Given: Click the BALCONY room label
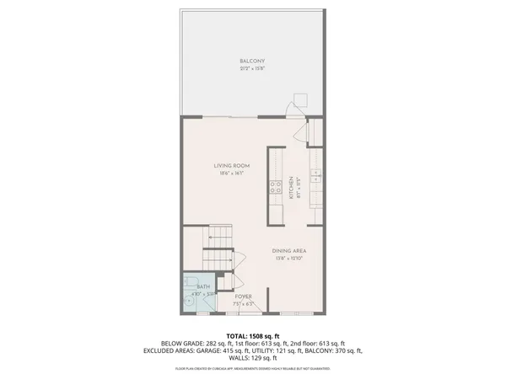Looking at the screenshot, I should [x=253, y=61].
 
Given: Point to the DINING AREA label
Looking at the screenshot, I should [x=288, y=251].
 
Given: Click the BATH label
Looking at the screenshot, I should [x=202, y=287].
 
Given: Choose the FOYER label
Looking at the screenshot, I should [x=243, y=296].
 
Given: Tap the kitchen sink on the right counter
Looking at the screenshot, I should [x=316, y=176].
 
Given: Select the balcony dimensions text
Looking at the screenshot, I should [x=253, y=67].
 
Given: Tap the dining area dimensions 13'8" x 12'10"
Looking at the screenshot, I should [x=288, y=259].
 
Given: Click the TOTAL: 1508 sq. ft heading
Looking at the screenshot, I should [x=253, y=336].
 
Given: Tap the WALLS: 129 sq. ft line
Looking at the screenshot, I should [x=253, y=357].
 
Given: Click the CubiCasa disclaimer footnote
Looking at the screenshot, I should [x=253, y=368].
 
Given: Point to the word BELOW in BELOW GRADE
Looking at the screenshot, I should [x=170, y=344].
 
